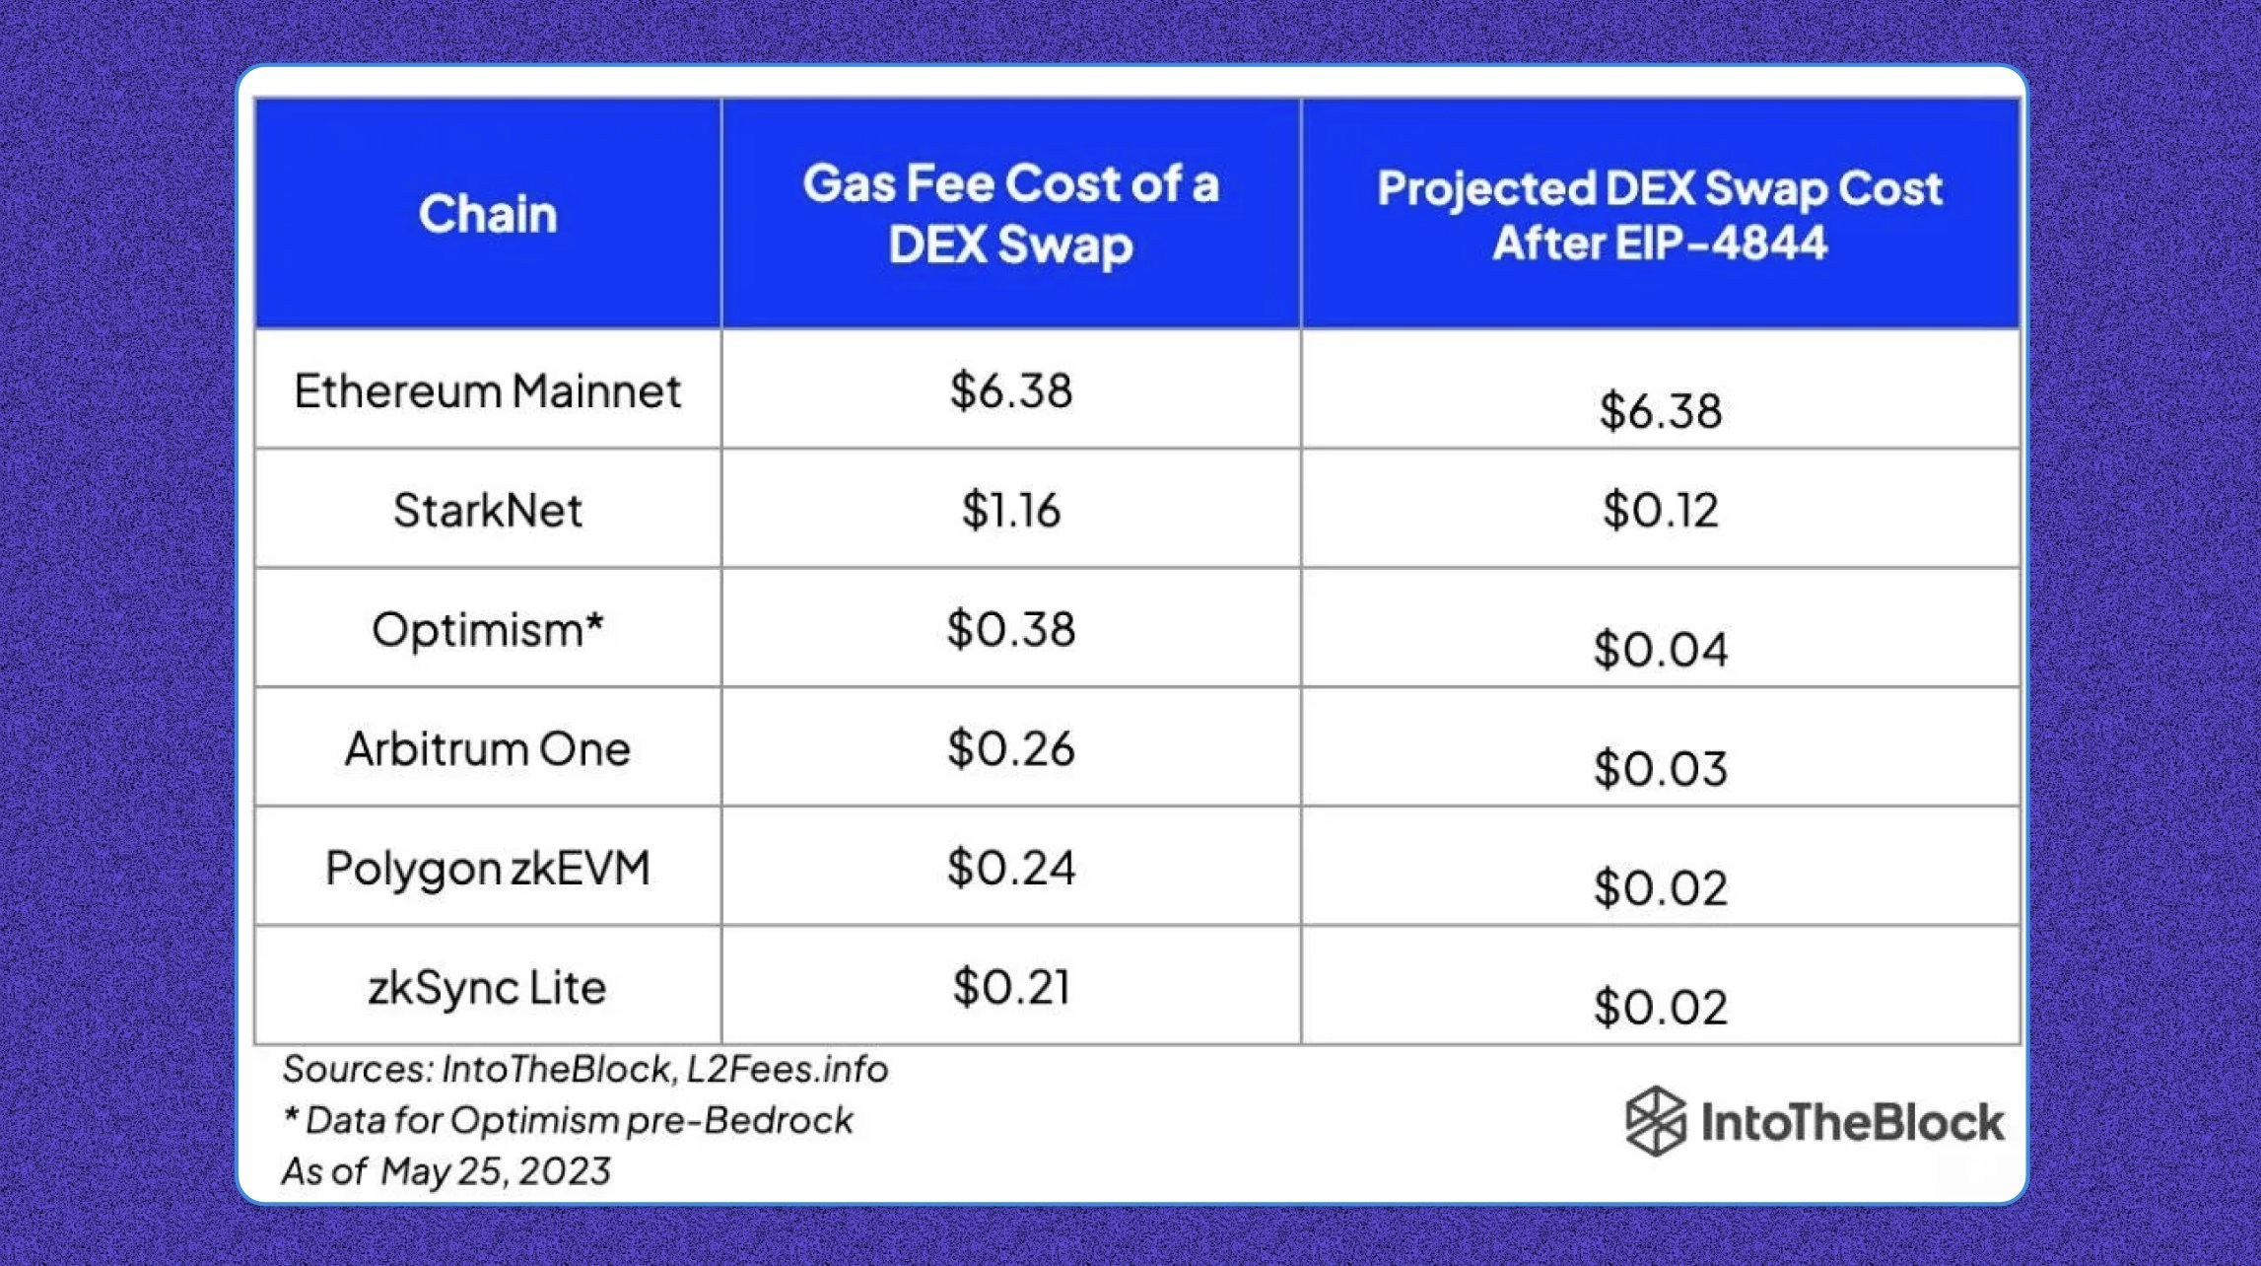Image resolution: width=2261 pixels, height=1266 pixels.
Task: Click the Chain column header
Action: coord(488,214)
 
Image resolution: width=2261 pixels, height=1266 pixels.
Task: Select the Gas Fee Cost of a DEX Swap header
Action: coord(1010,214)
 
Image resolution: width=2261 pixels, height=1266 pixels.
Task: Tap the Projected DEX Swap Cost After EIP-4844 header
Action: coord(1660,215)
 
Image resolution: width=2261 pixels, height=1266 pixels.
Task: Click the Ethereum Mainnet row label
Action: coord(488,391)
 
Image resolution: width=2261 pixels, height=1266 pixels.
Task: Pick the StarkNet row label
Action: coord(488,511)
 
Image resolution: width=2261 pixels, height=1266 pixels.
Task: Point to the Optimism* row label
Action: coord(488,630)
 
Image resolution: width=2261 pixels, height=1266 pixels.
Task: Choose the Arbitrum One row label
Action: coord(488,749)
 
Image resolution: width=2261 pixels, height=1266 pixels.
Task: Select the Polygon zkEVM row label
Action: coord(488,869)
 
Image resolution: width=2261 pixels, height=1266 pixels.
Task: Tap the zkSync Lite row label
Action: coord(488,988)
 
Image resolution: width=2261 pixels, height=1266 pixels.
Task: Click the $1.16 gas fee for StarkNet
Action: coord(1010,511)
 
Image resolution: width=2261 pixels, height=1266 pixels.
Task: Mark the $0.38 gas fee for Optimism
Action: coord(1010,630)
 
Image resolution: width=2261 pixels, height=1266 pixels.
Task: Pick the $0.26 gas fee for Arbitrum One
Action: coord(1010,749)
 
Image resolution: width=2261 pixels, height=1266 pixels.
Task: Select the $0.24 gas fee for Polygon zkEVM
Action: coord(1010,869)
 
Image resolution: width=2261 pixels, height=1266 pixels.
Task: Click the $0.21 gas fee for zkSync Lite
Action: coord(1010,988)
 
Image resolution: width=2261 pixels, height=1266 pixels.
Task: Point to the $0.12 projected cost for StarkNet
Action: coord(1660,511)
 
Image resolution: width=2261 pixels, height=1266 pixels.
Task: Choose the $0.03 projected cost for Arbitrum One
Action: coord(1660,769)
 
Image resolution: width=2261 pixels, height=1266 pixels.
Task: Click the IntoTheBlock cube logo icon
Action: coord(1656,1121)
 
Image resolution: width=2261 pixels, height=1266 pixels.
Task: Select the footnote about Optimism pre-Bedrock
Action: coord(569,1121)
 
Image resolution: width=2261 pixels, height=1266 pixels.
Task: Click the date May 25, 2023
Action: coord(496,1171)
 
